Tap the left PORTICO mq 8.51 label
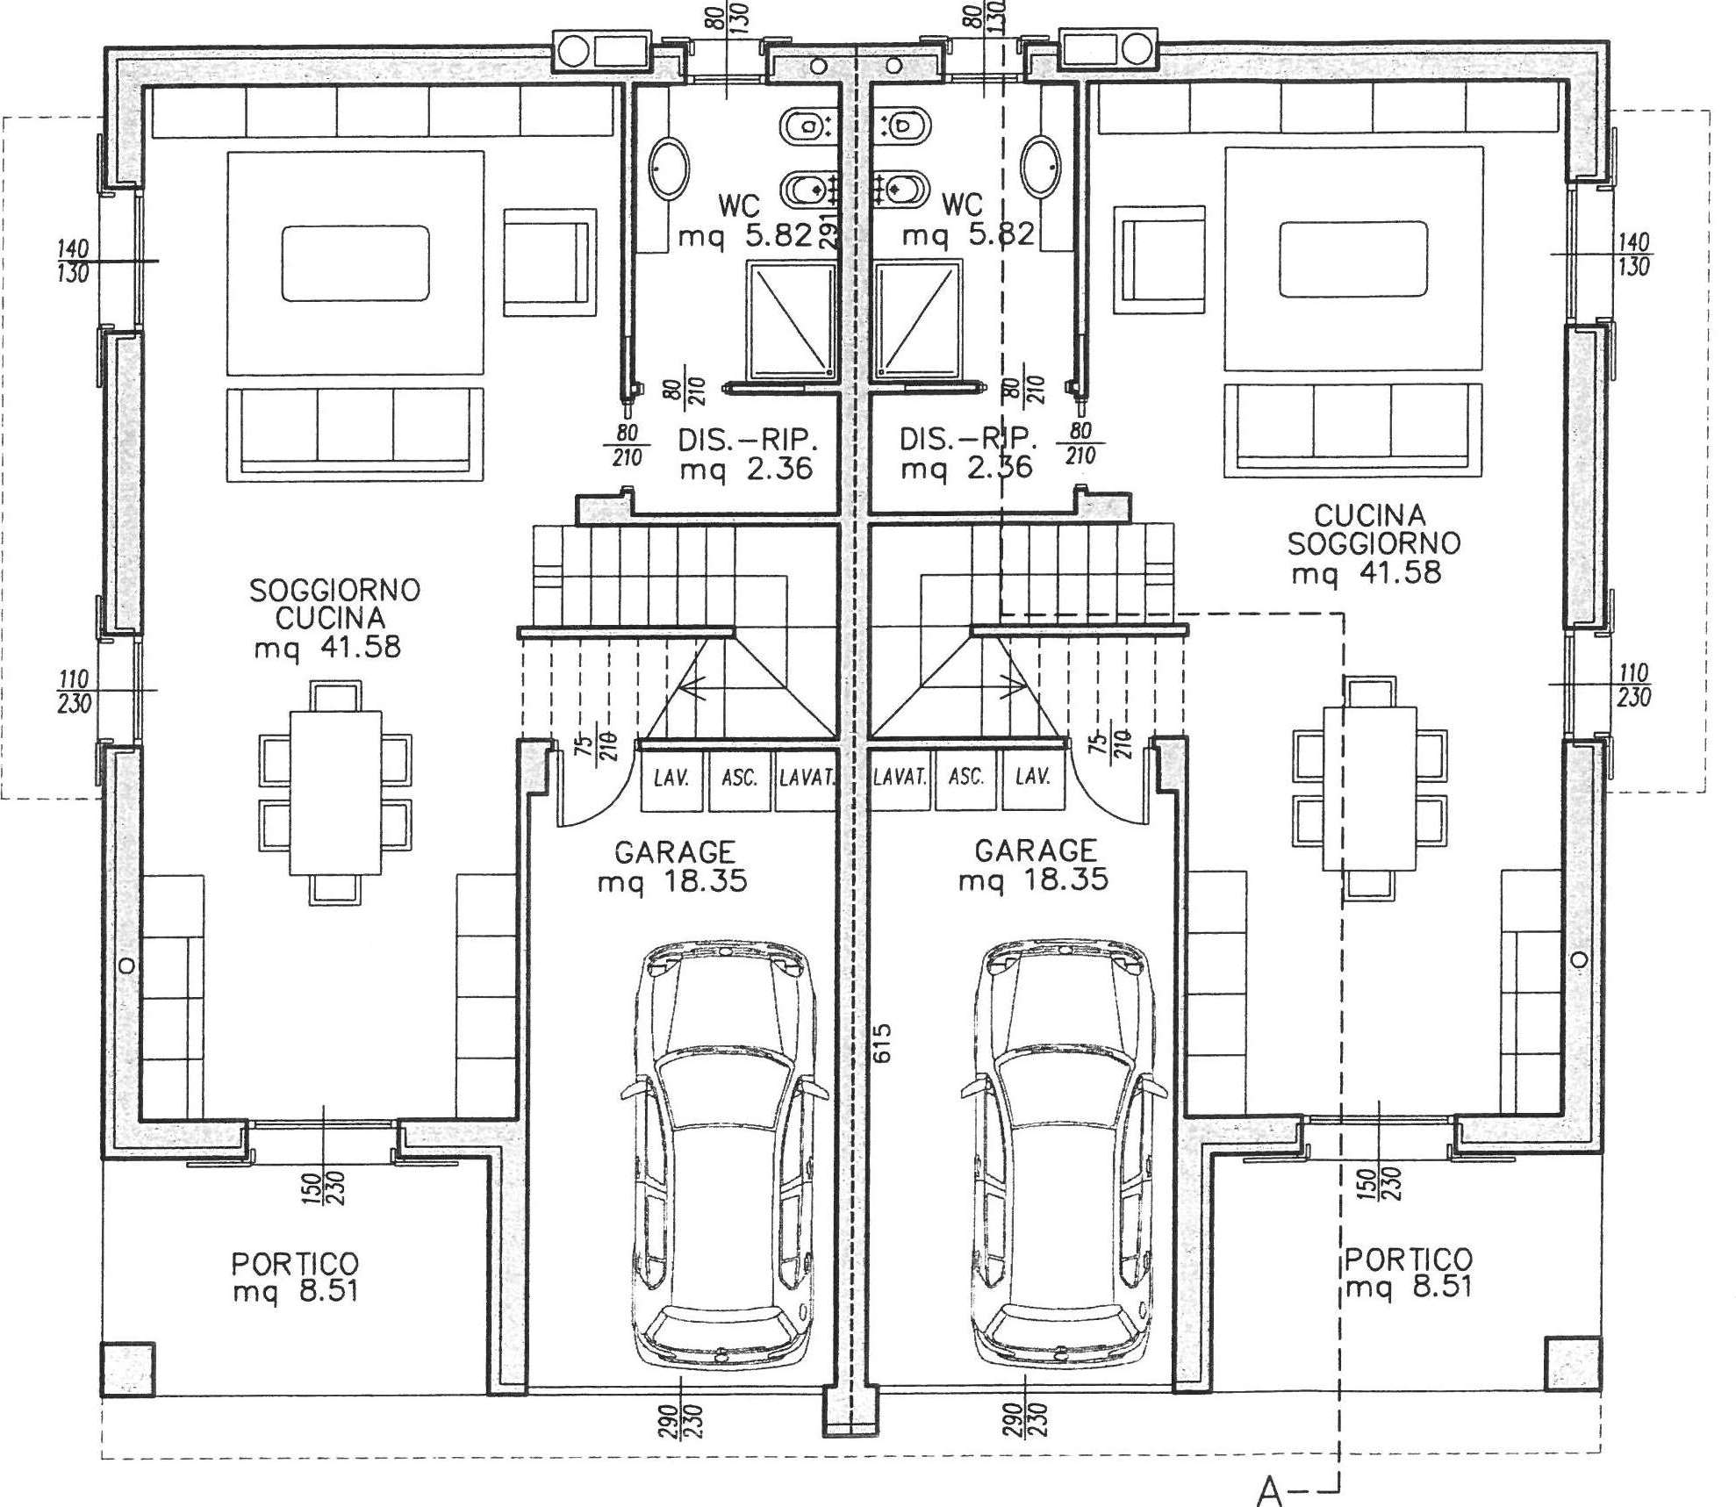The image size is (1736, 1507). click(x=295, y=1277)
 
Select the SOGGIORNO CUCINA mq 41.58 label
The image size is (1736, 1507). click(x=334, y=619)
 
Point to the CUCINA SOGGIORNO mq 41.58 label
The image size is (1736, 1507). click(x=1374, y=544)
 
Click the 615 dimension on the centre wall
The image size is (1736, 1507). click(x=883, y=1042)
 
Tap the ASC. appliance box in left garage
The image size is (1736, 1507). click(x=739, y=778)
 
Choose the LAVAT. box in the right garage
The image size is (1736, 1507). click(x=900, y=778)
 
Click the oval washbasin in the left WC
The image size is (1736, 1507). click(x=669, y=167)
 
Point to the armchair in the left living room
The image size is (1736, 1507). click(x=549, y=262)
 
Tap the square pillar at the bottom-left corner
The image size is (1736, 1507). click(x=127, y=1369)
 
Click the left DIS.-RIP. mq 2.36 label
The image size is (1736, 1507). click(x=748, y=454)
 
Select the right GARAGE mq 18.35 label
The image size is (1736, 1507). click(x=1035, y=865)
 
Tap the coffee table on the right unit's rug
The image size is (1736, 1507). click(x=1352, y=260)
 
